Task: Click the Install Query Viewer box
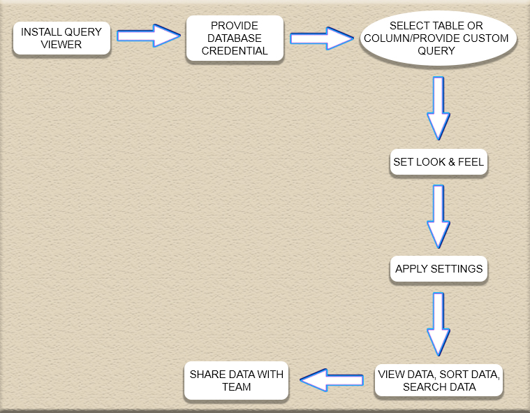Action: pyautogui.click(x=61, y=38)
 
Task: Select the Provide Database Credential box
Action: pyautogui.click(x=235, y=38)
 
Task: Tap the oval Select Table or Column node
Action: pyautogui.click(x=438, y=38)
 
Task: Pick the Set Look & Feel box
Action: pyautogui.click(x=439, y=161)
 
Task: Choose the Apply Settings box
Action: pyautogui.click(x=439, y=268)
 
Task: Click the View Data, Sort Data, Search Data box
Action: pyautogui.click(x=439, y=381)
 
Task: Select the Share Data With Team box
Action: pyautogui.click(x=236, y=381)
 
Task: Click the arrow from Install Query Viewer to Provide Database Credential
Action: pyautogui.click(x=149, y=36)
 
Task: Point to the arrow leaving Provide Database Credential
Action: pyautogui.click(x=322, y=38)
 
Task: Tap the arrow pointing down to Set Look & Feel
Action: pyautogui.click(x=439, y=108)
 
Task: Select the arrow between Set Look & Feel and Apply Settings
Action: pyautogui.click(x=439, y=217)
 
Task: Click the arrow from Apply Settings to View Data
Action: pyautogui.click(x=439, y=324)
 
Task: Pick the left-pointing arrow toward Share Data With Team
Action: pyautogui.click(x=332, y=380)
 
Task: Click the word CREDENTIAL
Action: pyautogui.click(x=235, y=51)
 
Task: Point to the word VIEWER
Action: pyautogui.click(x=61, y=44)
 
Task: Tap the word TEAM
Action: pyautogui.click(x=236, y=386)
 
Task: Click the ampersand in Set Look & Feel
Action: pyautogui.click(x=452, y=161)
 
